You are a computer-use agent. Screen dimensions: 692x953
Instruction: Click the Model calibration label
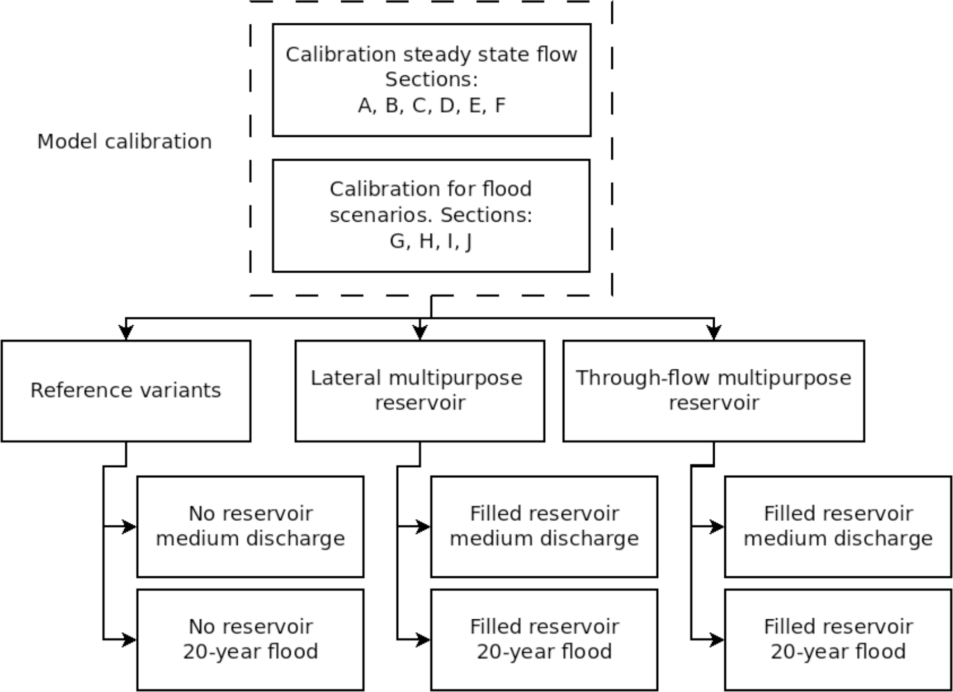tap(124, 141)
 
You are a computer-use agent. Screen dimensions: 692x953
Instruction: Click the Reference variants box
tap(126, 390)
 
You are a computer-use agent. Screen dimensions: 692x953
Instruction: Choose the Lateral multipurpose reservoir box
tap(419, 390)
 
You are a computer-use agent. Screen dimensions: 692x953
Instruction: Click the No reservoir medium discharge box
tap(250, 526)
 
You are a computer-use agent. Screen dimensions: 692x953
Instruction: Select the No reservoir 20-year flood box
tap(250, 639)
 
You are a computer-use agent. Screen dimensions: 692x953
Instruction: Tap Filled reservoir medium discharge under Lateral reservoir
tap(544, 526)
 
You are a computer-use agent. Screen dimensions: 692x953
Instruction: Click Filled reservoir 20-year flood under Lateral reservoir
tap(544, 639)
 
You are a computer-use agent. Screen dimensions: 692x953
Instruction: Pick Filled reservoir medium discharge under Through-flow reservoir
tap(838, 526)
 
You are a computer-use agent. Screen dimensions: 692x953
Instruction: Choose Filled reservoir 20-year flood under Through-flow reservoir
tap(838, 639)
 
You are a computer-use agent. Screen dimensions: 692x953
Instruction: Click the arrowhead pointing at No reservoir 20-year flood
tap(130, 639)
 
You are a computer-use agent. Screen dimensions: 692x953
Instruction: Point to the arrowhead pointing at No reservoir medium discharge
tap(130, 526)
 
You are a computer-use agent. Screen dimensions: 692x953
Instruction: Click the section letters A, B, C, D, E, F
tap(431, 106)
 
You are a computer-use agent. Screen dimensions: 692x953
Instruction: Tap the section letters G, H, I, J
tap(431, 241)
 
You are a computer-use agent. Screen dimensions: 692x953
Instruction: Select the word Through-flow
tap(643, 378)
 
